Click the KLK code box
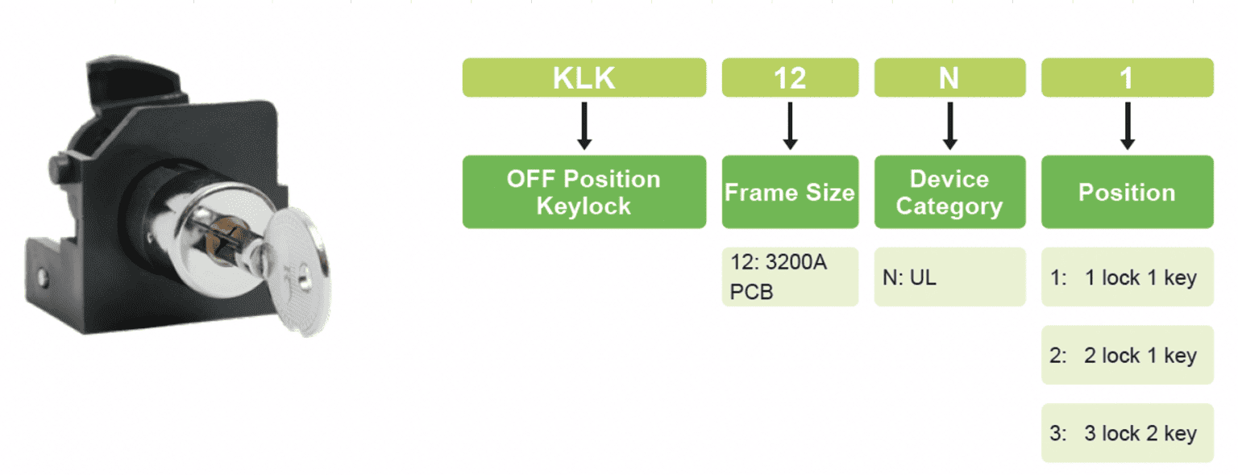[584, 77]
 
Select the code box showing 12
[790, 77]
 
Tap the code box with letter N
[949, 77]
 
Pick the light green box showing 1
[1127, 77]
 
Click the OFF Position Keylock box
[584, 192]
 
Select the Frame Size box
[790, 192]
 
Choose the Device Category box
[949, 192]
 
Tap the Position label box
[1127, 192]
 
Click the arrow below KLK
[585, 126]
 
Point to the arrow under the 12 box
[791, 126]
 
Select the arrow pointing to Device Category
[950, 126]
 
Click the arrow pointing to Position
[1128, 126]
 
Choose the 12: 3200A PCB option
[790, 277]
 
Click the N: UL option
[949, 277]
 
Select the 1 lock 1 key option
[1127, 277]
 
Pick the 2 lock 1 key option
[1127, 355]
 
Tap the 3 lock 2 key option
[1127, 433]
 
